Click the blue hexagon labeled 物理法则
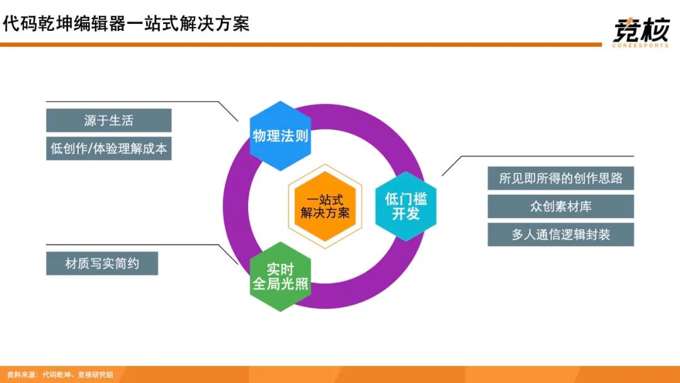[x=280, y=136]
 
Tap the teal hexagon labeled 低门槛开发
[x=405, y=207]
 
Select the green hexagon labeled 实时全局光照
[x=280, y=277]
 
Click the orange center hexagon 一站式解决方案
[x=325, y=207]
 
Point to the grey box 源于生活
[x=109, y=120]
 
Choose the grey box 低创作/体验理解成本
[x=109, y=148]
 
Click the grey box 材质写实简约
[x=102, y=263]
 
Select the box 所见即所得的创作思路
[x=561, y=178]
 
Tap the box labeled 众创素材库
[x=561, y=207]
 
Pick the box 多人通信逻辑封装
[x=561, y=235]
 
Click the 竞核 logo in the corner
[x=641, y=31]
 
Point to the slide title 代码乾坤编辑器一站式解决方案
[x=126, y=23]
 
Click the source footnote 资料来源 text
[x=60, y=374]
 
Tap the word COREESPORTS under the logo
[x=640, y=45]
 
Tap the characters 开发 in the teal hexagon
[x=405, y=214]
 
